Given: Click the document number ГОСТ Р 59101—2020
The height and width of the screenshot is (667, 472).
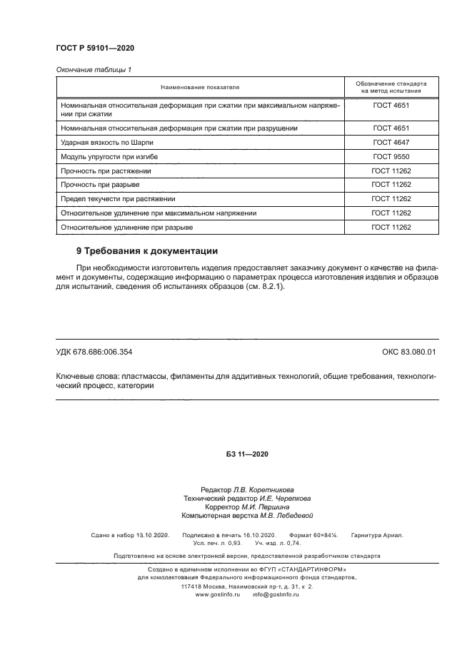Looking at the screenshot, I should pyautogui.click(x=95, y=48).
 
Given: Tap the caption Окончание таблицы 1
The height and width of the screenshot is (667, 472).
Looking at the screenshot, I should pyautogui.click(x=94, y=70).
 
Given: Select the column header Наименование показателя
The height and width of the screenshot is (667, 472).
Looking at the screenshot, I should pyautogui.click(x=200, y=87).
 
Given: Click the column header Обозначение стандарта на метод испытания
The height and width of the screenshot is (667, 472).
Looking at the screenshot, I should pyautogui.click(x=391, y=87).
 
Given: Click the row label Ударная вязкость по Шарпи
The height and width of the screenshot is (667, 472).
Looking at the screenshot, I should pyautogui.click(x=107, y=142).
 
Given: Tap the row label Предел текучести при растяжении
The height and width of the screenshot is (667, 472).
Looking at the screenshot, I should pyautogui.click(x=118, y=199).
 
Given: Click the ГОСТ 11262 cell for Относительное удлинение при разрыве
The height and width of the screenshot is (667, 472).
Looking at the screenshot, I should pyautogui.click(x=391, y=228).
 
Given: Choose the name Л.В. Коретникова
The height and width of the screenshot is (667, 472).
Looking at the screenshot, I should pyautogui.click(x=263, y=490).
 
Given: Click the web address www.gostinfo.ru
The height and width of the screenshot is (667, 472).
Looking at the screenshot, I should pyautogui.click(x=218, y=594).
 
